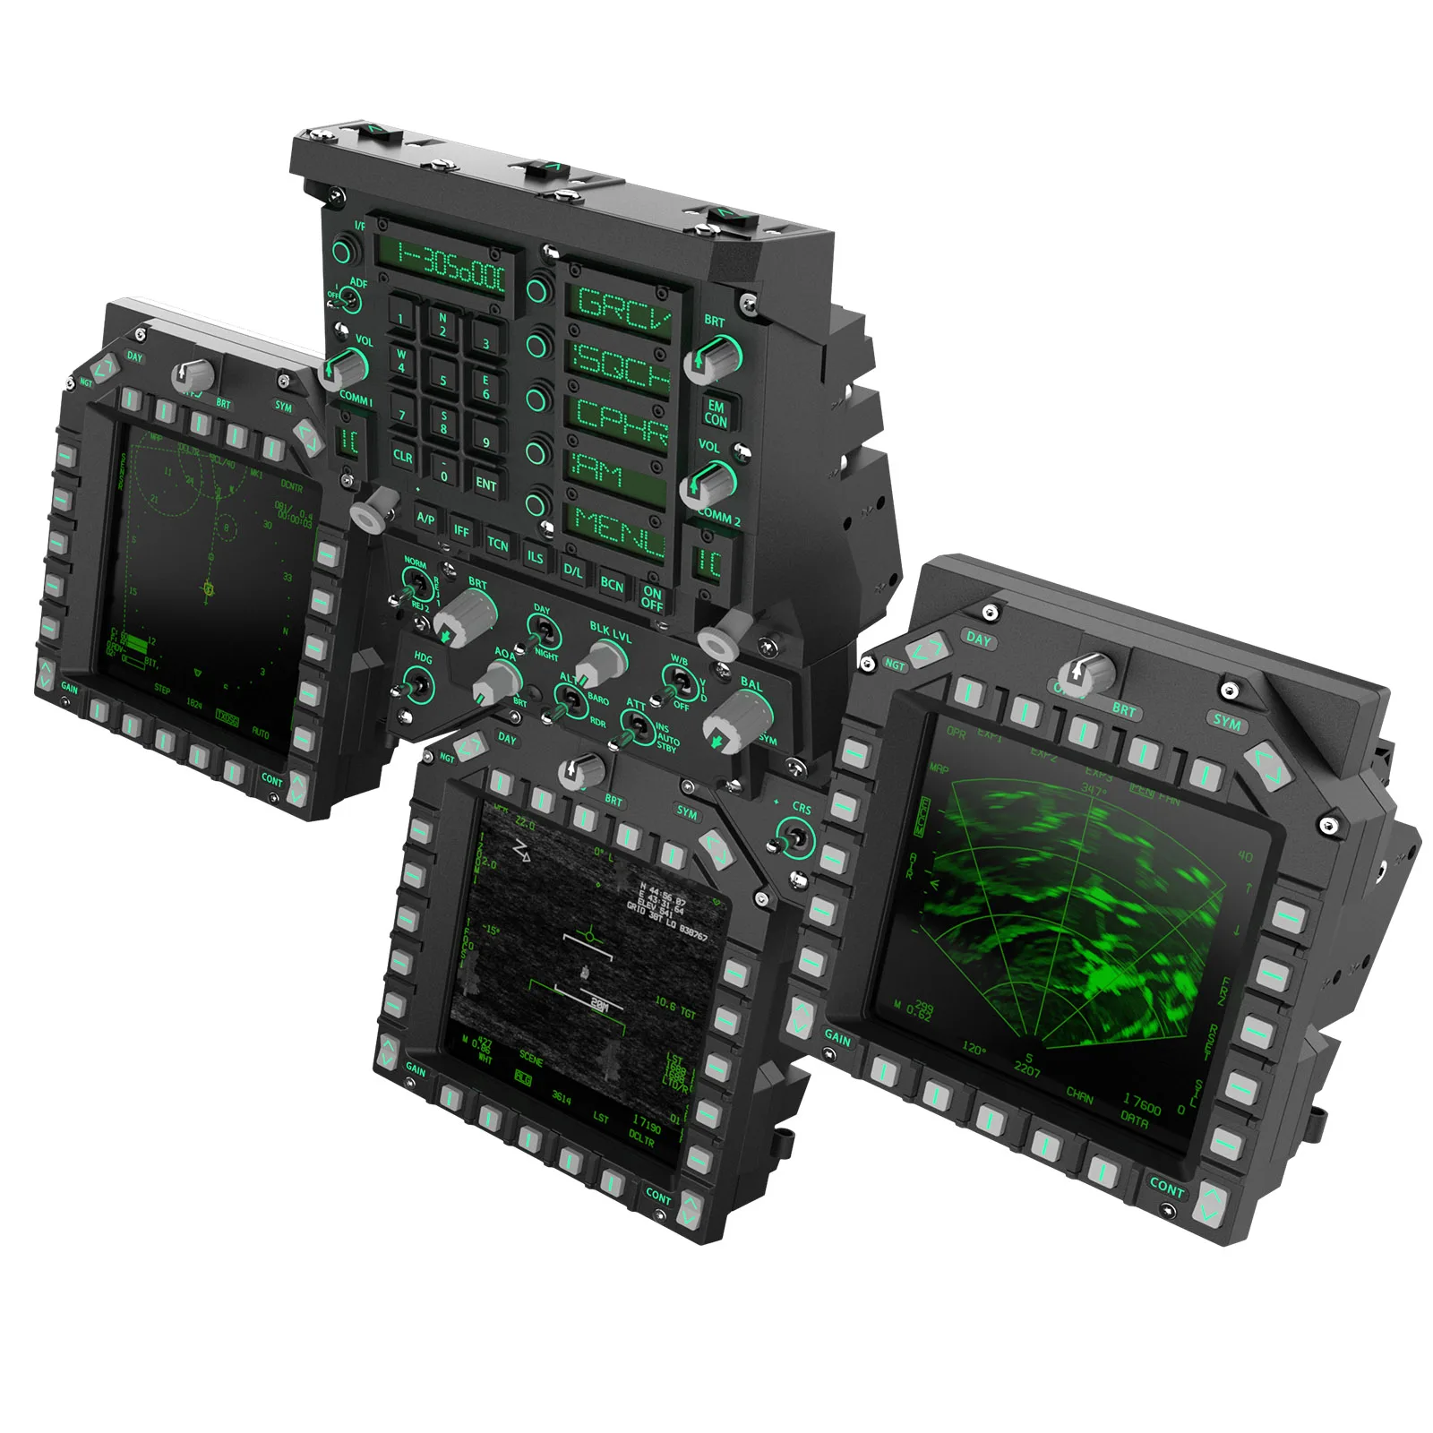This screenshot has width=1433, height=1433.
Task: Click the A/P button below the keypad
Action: (426, 519)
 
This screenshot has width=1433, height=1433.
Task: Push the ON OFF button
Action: (652, 597)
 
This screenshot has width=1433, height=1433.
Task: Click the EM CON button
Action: (716, 413)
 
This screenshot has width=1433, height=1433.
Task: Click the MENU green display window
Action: (618, 528)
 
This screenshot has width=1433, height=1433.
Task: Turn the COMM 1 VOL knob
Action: (344, 365)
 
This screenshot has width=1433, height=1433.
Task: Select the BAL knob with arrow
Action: (736, 717)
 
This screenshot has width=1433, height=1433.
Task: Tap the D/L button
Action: (573, 570)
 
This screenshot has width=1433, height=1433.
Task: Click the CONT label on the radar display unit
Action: (1166, 1187)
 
